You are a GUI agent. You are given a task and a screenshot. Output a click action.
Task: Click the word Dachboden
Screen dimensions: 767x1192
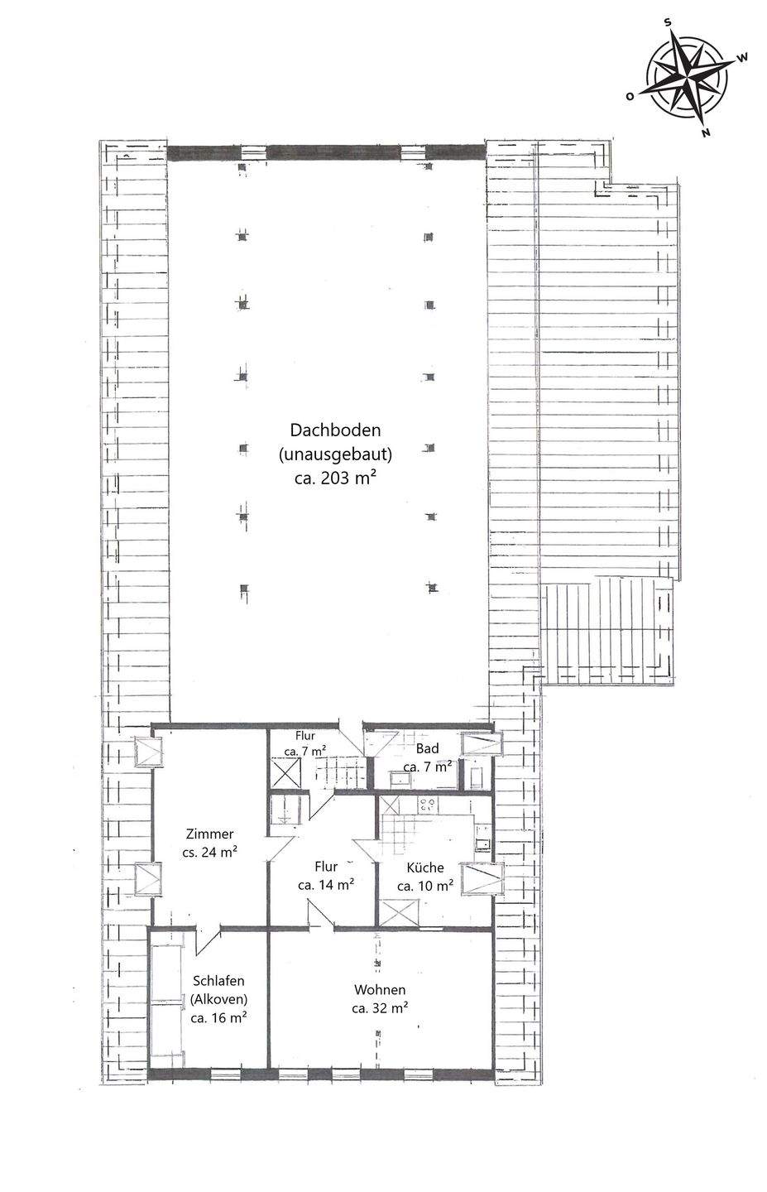click(x=335, y=430)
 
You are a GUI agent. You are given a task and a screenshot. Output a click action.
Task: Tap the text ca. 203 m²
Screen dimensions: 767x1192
click(x=335, y=478)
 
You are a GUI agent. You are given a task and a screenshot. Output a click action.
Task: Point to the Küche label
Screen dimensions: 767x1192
click(x=425, y=868)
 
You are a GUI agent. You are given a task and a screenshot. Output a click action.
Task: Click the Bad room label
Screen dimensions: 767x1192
click(x=427, y=748)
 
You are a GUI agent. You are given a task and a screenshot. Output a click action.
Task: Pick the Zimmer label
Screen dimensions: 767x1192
click(x=209, y=834)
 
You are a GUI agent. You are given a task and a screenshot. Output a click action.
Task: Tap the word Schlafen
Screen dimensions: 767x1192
click(x=218, y=981)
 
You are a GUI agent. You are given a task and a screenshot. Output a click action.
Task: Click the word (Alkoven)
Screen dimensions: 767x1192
click(x=218, y=999)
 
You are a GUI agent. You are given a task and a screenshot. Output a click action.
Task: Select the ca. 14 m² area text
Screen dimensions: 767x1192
click(x=326, y=885)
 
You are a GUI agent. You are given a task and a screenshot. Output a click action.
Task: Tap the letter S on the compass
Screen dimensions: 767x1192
click(x=667, y=22)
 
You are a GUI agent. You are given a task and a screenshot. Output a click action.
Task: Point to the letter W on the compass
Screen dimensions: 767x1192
click(x=743, y=57)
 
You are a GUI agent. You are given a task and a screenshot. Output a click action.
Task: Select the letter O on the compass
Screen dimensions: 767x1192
click(x=630, y=96)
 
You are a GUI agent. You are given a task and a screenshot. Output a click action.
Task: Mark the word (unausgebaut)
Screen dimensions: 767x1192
click(x=335, y=454)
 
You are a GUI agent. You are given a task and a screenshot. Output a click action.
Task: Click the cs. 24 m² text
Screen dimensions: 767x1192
click(x=209, y=852)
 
